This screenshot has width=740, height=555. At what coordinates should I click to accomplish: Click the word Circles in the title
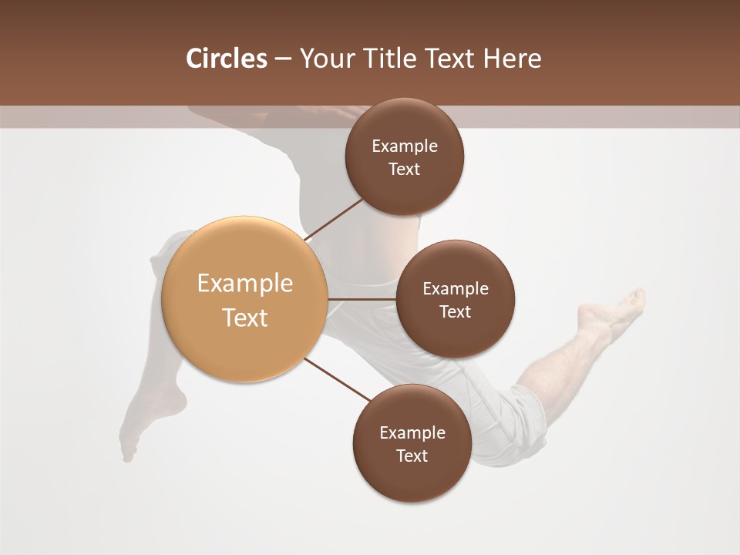226,59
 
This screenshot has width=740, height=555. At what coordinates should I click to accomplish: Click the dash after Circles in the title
283,59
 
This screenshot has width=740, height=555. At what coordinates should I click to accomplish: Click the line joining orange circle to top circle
335,219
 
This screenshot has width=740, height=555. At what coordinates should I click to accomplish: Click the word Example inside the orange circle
244,284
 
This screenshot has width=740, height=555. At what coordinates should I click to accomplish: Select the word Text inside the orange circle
244,318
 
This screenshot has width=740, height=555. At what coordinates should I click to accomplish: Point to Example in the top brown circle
404,146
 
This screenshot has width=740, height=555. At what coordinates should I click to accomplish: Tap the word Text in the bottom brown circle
412,456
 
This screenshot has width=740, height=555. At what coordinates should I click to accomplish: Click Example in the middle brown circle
455,289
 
